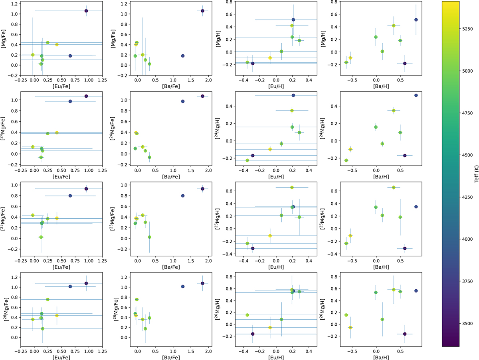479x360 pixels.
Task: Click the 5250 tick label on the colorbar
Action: tap(467, 29)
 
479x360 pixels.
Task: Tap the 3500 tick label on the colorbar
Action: tap(467, 323)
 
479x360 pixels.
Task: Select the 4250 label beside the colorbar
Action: tap(467, 197)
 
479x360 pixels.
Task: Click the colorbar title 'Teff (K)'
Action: tap(476, 174)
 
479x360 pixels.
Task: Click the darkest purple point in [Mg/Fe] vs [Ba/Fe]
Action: tap(202, 11)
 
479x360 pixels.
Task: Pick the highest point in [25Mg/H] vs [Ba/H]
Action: tap(394, 188)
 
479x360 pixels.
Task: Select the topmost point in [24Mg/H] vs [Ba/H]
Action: tap(416, 95)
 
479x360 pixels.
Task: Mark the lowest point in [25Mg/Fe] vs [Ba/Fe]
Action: tap(149, 237)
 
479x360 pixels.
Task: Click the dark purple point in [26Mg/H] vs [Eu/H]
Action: tap(253, 334)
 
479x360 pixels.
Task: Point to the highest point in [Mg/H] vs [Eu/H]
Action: tap(293, 20)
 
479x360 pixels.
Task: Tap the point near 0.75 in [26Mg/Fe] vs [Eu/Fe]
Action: tap(48, 299)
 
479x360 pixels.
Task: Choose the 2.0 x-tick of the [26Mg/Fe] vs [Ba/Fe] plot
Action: tap(208, 351)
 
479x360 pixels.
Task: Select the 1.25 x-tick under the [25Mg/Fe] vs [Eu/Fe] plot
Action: tap(102, 261)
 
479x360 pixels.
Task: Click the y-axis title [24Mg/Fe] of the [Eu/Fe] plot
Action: tap(3, 129)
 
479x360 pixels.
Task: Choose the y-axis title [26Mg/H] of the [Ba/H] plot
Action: tap(323, 309)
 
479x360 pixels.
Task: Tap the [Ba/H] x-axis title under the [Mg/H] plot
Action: tap(381, 86)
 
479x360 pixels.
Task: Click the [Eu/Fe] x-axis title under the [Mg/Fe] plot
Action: tap(61, 86)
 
